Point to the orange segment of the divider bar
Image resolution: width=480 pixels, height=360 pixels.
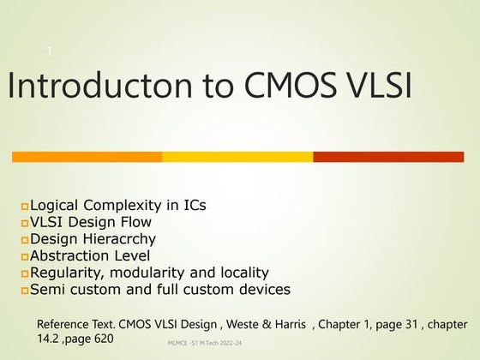click(87, 157)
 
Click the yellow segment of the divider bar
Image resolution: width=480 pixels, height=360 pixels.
click(237, 157)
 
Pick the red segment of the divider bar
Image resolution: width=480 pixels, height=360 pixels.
click(388, 157)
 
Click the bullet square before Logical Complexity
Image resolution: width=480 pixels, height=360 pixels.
click(25, 207)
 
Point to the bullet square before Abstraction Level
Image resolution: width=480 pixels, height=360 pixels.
click(25, 256)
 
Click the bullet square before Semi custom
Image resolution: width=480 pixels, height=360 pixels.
click(25, 290)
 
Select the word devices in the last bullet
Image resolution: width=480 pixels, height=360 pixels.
click(261, 289)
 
